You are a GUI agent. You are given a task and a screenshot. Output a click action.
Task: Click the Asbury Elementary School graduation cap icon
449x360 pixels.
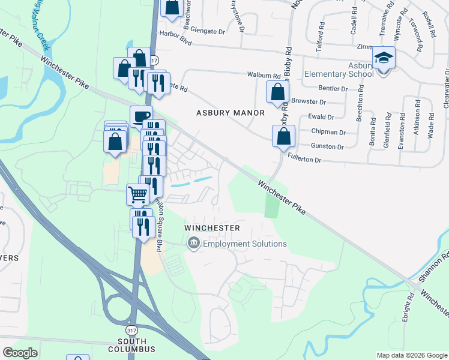point(383,58)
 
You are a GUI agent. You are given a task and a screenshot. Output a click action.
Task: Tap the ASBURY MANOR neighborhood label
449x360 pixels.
point(231,113)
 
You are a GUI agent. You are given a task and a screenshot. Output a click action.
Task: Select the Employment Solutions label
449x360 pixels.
point(245,244)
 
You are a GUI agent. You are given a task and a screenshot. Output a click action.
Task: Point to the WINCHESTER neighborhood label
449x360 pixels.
point(212,228)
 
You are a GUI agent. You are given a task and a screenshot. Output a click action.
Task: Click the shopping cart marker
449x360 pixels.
point(137,194)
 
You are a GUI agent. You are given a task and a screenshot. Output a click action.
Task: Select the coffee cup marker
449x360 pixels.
point(141,116)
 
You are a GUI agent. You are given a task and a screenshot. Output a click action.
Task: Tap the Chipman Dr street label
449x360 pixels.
point(328,131)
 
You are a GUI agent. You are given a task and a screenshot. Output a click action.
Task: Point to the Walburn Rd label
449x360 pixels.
point(264,76)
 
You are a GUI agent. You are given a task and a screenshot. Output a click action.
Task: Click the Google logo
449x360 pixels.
point(20,352)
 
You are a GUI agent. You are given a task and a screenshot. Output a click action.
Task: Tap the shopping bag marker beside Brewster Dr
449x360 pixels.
point(277,92)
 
